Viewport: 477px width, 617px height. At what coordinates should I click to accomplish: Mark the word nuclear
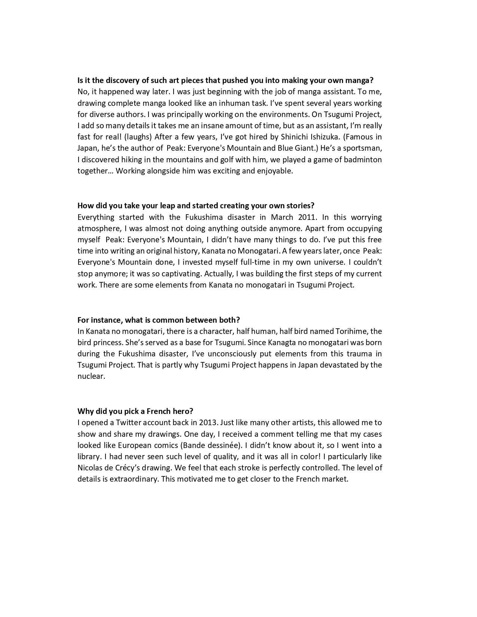[x=90, y=377]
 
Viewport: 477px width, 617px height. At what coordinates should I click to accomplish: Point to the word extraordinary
[x=133, y=479]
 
